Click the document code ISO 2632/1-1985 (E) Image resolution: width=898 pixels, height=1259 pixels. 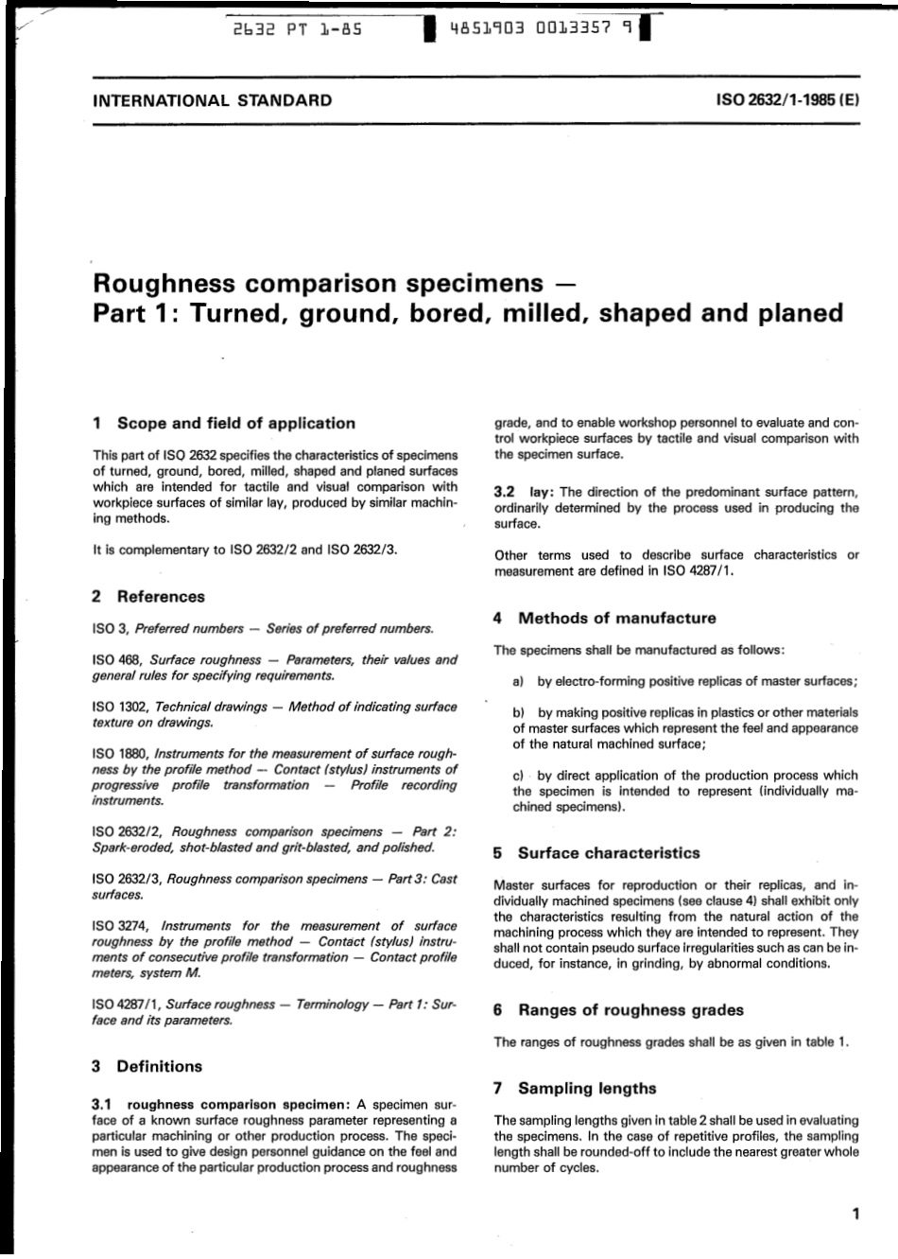coord(787,100)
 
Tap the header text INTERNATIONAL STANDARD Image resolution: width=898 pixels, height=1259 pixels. coord(212,100)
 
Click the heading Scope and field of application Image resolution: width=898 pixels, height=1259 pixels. coord(235,424)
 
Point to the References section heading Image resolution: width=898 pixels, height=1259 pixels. coord(160,597)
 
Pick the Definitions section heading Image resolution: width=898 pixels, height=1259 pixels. coord(159,1066)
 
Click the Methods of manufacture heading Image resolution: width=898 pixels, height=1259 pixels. coord(616,619)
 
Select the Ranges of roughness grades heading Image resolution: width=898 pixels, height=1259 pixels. coord(630,1010)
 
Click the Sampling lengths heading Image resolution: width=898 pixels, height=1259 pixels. coord(586,1089)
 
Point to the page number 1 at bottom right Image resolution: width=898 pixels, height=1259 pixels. coord(855,1215)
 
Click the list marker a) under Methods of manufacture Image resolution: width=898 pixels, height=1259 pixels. coord(518,681)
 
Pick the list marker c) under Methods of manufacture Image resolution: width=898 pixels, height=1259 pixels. coord(518,775)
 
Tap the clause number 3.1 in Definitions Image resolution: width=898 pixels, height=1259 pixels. coord(103,1104)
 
